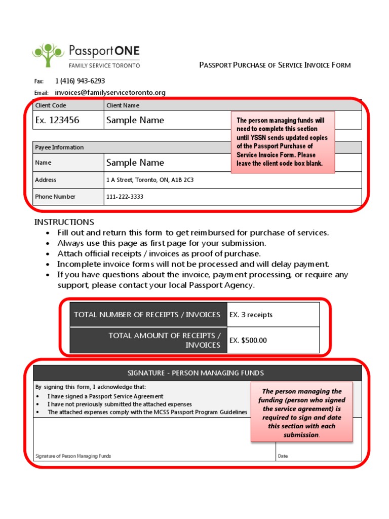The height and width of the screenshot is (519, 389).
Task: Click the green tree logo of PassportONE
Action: pos(49,55)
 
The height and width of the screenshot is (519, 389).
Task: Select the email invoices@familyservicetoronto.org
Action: pos(110,92)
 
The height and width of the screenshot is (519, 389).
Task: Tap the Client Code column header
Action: pos(51,105)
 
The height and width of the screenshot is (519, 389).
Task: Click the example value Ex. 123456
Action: pos(57,120)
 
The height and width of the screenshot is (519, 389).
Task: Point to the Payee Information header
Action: pos(59,147)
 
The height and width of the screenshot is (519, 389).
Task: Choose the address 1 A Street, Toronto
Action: pos(150,180)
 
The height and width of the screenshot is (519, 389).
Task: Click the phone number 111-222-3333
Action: pos(125,197)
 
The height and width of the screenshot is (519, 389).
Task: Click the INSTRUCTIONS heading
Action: pos(64,222)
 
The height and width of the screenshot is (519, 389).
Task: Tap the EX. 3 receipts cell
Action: pos(251,315)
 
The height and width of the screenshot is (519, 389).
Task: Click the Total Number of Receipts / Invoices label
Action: pos(147,315)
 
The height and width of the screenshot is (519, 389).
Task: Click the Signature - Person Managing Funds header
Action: pos(196,373)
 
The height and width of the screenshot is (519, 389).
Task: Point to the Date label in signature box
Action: pos(283,456)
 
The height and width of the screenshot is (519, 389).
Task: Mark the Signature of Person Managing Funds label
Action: pos(73,456)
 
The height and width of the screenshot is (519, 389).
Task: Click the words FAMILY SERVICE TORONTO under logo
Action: pos(104,65)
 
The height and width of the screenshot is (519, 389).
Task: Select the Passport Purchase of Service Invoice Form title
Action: pos(275,65)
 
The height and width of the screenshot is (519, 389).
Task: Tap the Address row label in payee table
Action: pos(46,180)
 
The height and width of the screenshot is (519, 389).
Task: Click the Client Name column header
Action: pos(123,105)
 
